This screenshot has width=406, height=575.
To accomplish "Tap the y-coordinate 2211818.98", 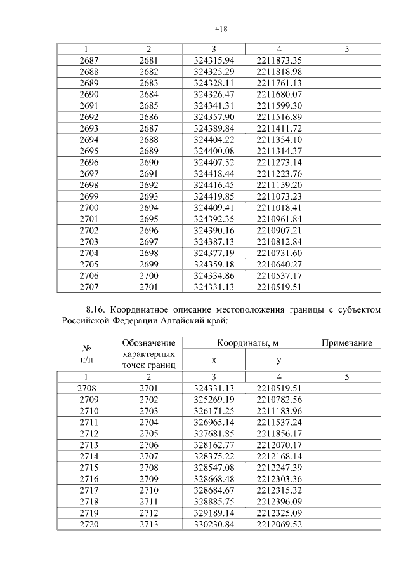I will tap(279, 72).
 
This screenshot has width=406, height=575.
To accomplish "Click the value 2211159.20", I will tap(279, 185).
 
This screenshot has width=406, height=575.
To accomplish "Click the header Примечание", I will tap(346, 343).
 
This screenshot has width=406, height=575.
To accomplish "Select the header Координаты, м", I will tap(247, 343).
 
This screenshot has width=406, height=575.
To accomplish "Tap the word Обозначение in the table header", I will tap(148, 343).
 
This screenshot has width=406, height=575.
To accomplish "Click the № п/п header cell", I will tap(88, 354).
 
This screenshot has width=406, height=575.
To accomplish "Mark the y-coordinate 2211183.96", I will tap(279, 411).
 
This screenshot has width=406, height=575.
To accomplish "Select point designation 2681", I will tap(148, 60).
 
